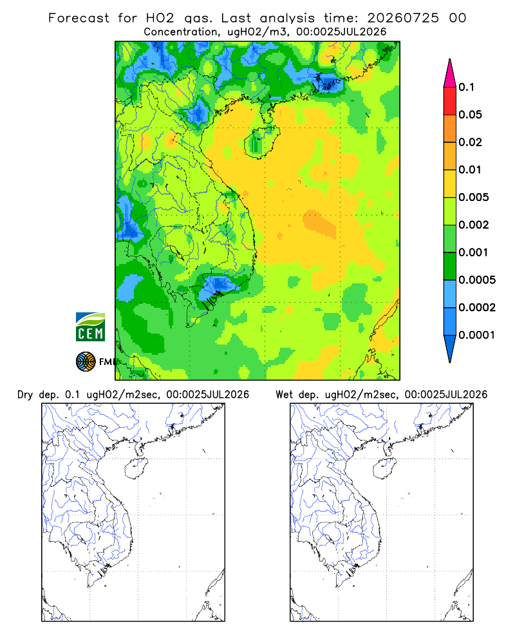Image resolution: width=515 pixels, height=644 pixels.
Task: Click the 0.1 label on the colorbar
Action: (466, 87)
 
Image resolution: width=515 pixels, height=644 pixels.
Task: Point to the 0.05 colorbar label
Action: (470, 115)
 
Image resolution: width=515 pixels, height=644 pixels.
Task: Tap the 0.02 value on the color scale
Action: (470, 142)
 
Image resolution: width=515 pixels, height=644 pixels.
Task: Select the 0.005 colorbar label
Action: (474, 197)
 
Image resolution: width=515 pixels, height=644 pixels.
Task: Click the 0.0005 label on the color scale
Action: (477, 279)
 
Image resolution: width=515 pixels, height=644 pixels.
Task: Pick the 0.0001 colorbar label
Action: (477, 335)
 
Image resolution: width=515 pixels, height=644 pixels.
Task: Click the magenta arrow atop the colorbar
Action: (450, 74)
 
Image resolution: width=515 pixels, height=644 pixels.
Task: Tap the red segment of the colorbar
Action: (450, 100)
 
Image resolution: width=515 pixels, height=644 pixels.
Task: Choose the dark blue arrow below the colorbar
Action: (450, 348)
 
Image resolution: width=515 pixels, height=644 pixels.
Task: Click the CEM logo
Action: (90, 327)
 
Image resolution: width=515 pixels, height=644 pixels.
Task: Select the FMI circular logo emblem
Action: (86, 362)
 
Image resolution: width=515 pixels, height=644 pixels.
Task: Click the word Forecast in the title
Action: (79, 18)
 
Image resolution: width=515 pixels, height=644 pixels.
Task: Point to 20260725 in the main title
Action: (403, 18)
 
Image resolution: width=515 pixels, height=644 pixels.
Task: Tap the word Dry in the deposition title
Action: (25, 395)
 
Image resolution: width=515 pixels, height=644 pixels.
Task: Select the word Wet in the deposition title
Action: (284, 395)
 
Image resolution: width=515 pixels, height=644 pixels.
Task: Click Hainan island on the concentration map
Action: (261, 142)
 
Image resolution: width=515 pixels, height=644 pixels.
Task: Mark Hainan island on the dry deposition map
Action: (136, 468)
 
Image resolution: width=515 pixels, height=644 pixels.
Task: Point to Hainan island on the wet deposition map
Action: (384, 468)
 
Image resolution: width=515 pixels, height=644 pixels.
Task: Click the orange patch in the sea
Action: (320, 224)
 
